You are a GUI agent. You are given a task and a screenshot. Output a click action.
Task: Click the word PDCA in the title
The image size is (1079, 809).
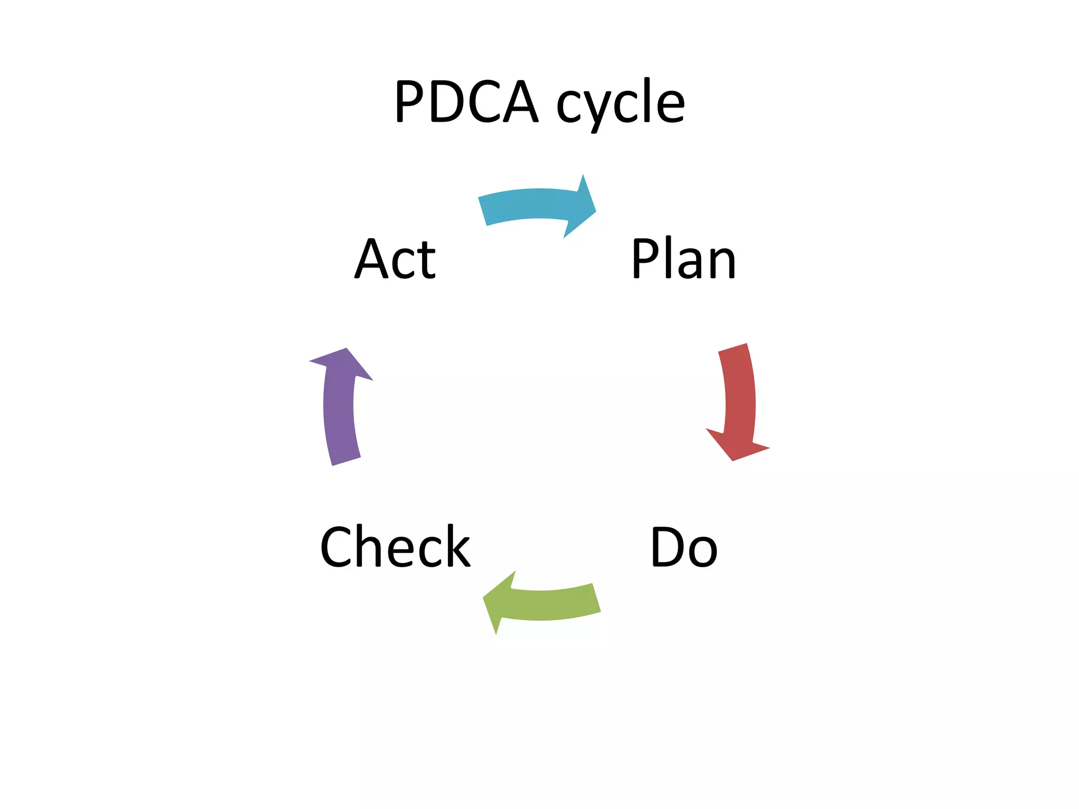click(x=467, y=101)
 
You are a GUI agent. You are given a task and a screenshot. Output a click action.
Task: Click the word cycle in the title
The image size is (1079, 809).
click(x=621, y=103)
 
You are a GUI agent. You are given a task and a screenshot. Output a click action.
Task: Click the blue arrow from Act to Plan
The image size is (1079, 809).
click(x=532, y=204)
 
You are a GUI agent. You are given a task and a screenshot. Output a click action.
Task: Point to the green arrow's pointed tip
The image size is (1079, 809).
click(x=484, y=598)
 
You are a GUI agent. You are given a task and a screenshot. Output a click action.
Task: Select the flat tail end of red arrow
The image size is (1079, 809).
click(x=733, y=348)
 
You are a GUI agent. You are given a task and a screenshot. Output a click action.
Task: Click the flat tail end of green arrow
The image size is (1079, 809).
click(x=596, y=598)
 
